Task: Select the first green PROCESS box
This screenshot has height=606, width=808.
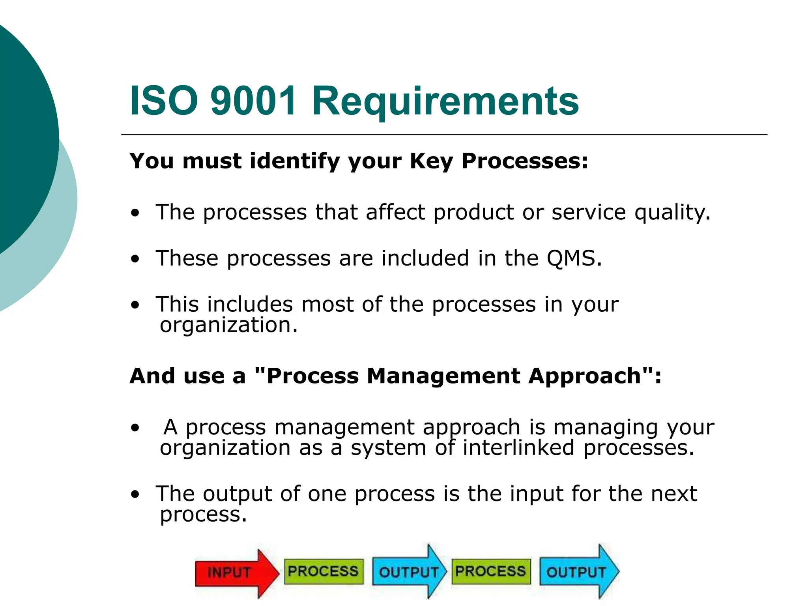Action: tap(324, 571)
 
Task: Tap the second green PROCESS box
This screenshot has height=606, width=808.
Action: tap(491, 571)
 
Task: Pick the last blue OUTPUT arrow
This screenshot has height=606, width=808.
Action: tap(578, 572)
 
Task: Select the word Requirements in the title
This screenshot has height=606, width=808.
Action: tap(445, 102)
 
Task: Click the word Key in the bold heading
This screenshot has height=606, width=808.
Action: tap(431, 162)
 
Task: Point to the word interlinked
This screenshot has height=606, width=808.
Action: tap(518, 448)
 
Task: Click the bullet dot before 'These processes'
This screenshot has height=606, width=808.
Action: tap(135, 259)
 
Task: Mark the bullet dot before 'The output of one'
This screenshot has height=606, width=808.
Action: tap(135, 494)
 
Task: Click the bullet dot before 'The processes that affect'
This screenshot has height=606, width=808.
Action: tap(135, 213)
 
